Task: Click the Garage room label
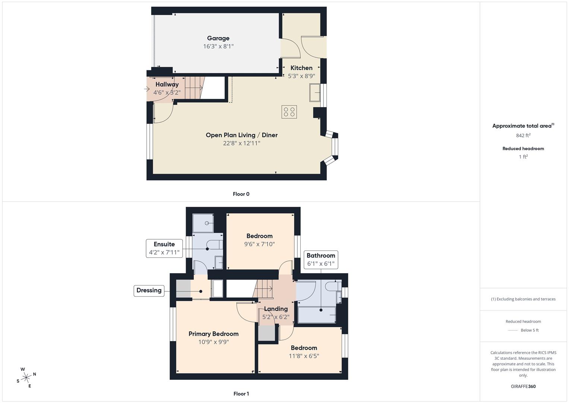coord(218,38)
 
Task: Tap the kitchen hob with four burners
coord(289,112)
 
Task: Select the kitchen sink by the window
coord(315,93)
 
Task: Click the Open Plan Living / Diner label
coord(241,135)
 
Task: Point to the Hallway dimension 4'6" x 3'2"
coord(167,93)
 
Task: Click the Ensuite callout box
coord(164,248)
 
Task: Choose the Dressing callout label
coord(149,290)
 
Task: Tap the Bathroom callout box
coord(321,259)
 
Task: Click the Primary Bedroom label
coord(214,334)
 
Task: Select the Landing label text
coord(276,309)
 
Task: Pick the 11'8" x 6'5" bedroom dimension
coord(304,356)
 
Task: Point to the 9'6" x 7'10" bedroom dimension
coord(260,244)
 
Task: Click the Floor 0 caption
coord(241,194)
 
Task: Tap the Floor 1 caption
coord(241,394)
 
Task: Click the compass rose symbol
coord(26,378)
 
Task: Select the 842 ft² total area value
coord(523,135)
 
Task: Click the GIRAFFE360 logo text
coord(523,387)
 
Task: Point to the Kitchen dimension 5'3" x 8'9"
coord(301,76)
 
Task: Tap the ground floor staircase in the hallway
coord(195,88)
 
